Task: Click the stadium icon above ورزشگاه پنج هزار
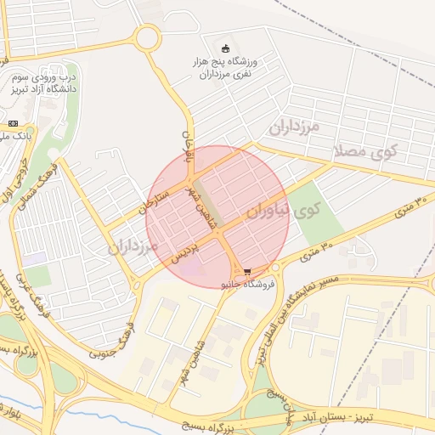tap(225, 48)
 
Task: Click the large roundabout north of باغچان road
tap(147, 37)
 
